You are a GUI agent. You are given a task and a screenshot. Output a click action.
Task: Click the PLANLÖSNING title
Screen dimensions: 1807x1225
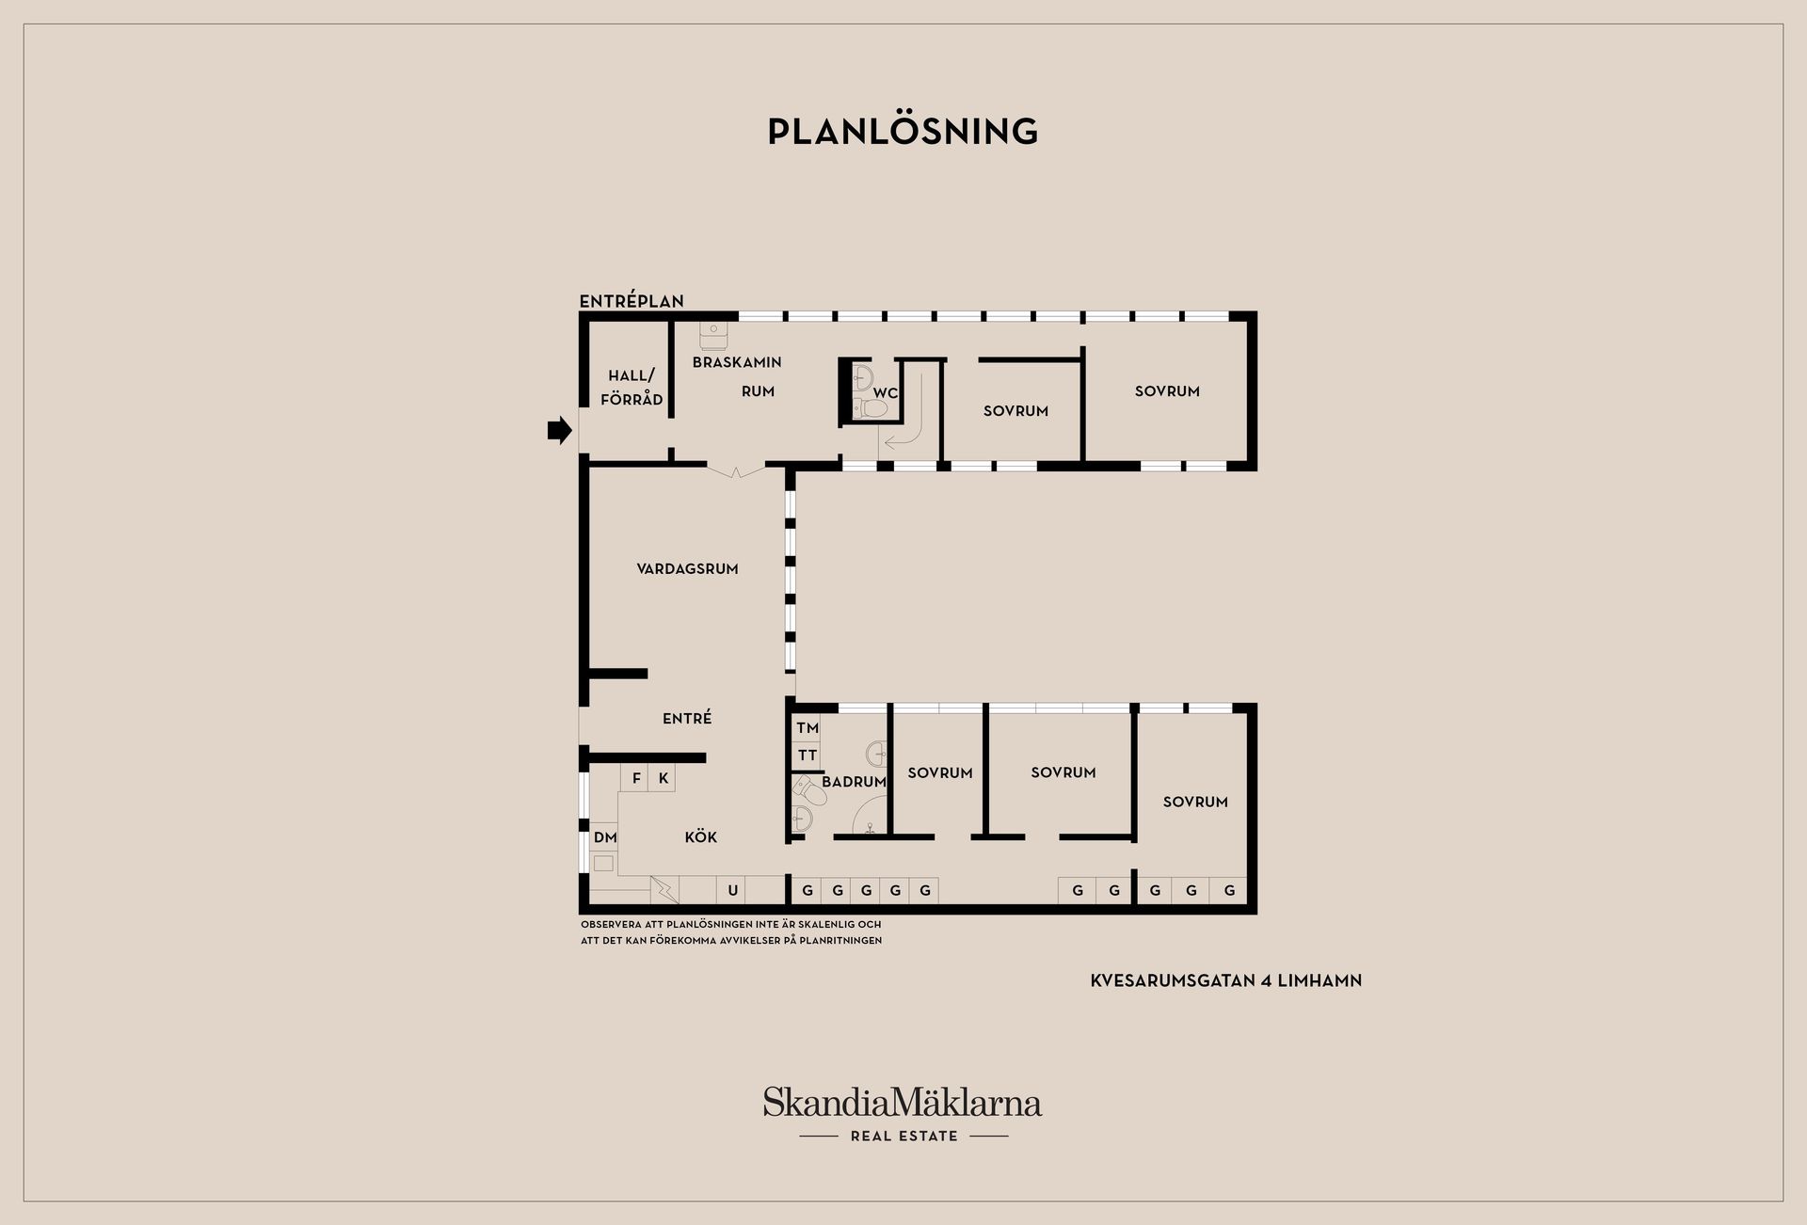coord(903,131)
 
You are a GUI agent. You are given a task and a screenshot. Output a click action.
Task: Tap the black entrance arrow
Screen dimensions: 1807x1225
coord(560,430)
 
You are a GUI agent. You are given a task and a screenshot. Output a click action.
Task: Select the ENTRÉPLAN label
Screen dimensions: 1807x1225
coord(632,301)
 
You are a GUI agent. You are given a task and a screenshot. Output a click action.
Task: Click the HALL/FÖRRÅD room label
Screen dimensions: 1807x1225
coord(632,387)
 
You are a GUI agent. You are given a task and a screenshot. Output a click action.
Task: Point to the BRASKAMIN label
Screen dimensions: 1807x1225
coord(737,362)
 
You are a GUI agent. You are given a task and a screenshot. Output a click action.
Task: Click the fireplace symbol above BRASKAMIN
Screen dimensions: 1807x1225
coord(713,336)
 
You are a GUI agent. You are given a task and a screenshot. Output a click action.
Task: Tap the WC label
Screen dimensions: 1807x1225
coord(885,393)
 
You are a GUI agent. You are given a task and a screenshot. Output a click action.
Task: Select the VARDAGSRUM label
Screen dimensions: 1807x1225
coord(687,568)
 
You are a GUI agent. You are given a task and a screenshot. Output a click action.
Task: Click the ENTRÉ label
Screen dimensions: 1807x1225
coord(687,718)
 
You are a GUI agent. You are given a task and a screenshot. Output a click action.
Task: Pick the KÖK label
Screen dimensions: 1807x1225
coord(701,836)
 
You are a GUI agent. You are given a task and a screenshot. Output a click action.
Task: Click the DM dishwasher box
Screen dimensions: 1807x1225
coord(605,837)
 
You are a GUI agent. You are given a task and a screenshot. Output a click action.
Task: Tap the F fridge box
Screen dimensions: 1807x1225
coord(636,778)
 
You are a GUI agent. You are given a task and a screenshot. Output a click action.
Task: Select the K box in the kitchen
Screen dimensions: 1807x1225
coord(663,778)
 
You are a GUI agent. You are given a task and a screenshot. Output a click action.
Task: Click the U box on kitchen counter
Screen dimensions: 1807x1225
coord(732,890)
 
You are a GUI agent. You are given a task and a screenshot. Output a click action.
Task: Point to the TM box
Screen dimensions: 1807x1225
coord(808,728)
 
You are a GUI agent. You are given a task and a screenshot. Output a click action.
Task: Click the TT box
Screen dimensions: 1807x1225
coord(808,756)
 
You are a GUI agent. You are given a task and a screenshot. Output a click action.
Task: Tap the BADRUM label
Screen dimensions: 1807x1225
coord(854,782)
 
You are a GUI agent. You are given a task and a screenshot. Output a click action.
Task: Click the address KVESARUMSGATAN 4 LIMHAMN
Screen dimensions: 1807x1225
coord(1226,980)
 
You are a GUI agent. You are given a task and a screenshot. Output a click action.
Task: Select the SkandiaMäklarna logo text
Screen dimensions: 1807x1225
coord(903,1103)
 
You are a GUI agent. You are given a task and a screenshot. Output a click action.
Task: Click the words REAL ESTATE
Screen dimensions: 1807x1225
coord(903,1136)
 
